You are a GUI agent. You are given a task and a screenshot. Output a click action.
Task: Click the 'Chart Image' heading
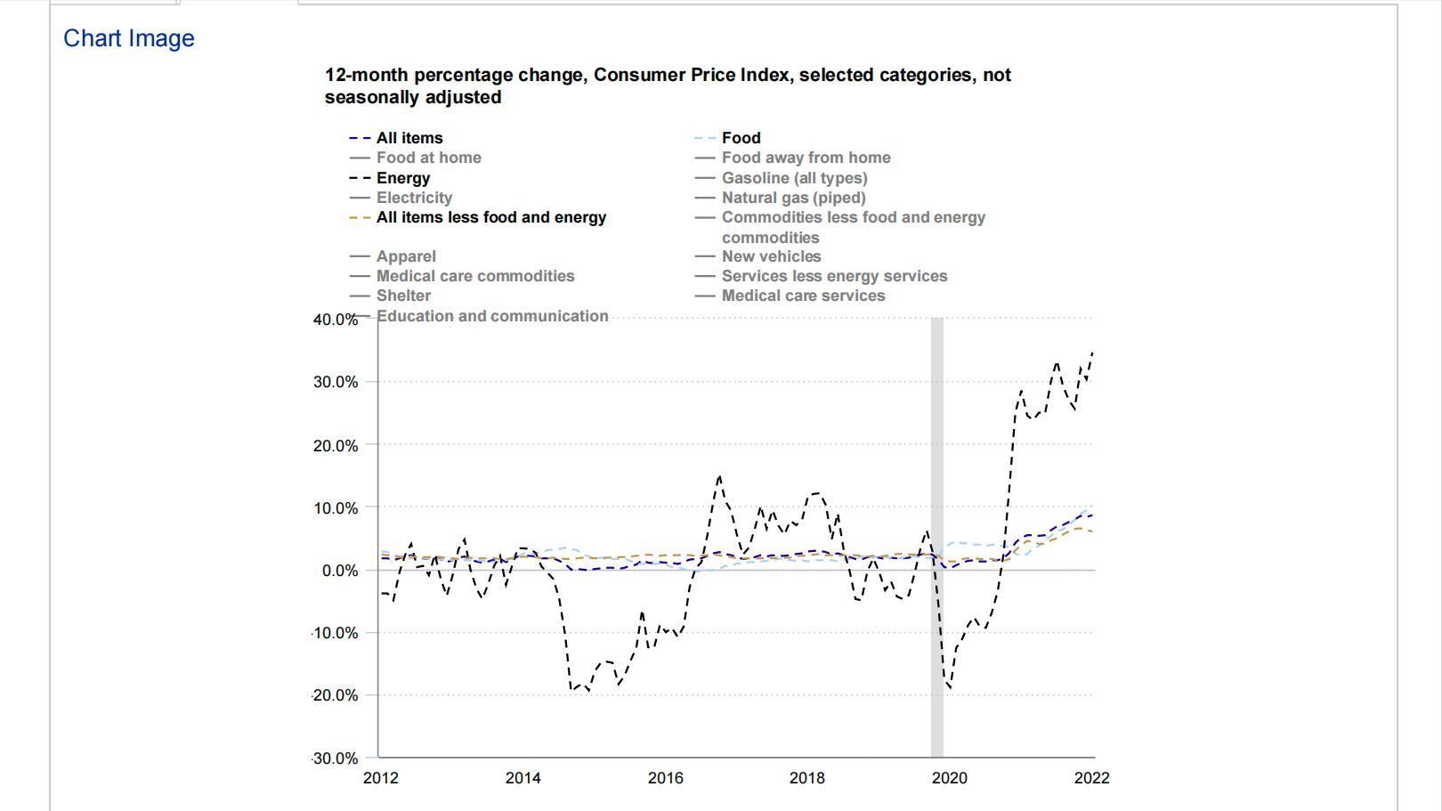(129, 38)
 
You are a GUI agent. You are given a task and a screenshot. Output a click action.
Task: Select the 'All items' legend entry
(409, 138)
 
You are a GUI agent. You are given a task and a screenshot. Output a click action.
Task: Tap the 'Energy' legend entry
(402, 178)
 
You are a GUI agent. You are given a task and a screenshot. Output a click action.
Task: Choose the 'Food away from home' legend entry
(806, 158)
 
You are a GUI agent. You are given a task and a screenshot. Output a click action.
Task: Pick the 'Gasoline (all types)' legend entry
(794, 178)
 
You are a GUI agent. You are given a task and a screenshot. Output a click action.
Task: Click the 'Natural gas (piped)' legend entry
(793, 198)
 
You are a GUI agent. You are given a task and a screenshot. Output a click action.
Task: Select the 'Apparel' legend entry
(406, 256)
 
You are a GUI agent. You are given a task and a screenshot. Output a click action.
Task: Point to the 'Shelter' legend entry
(403, 296)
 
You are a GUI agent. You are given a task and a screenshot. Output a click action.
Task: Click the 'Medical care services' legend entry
(803, 296)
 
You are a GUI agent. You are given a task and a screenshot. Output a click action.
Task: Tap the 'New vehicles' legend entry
(771, 256)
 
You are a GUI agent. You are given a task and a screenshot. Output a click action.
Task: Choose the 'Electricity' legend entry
(414, 198)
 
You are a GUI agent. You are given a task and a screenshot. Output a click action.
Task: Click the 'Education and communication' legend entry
(492, 316)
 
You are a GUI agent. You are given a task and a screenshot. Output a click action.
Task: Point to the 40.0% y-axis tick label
(336, 320)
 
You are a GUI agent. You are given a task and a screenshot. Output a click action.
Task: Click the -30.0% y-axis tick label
(336, 758)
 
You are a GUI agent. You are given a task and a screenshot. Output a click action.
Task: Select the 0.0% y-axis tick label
(339, 571)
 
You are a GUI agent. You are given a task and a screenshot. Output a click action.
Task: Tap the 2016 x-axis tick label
(666, 778)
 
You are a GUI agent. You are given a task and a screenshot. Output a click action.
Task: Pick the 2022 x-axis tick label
(1092, 778)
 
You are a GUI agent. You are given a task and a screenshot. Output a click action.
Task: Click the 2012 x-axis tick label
(381, 778)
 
